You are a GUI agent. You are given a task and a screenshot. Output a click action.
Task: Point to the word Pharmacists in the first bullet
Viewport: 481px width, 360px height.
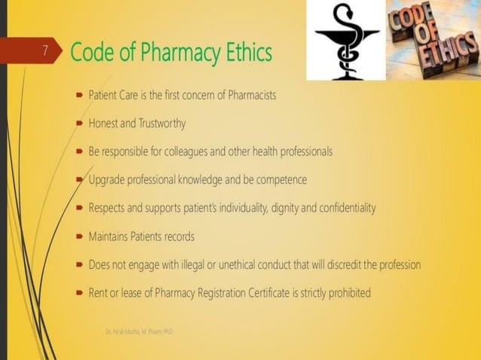click(x=253, y=96)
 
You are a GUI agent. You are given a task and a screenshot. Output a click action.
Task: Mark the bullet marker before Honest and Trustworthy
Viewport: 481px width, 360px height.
click(x=79, y=124)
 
